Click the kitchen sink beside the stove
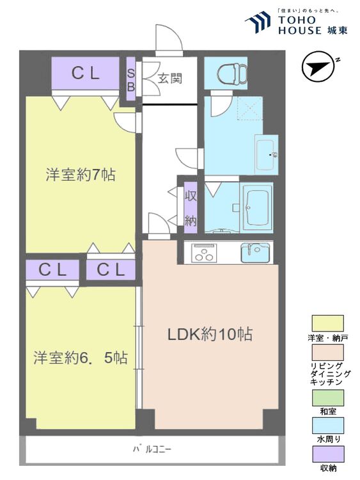(256, 253)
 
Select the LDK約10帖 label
(210, 334)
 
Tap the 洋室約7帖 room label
(81, 174)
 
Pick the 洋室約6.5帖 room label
(81, 358)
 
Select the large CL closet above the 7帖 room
(85, 74)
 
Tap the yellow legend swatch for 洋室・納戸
(327, 323)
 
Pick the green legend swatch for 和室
(327, 397)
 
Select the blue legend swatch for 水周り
(327, 426)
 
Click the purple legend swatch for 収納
(327, 454)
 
